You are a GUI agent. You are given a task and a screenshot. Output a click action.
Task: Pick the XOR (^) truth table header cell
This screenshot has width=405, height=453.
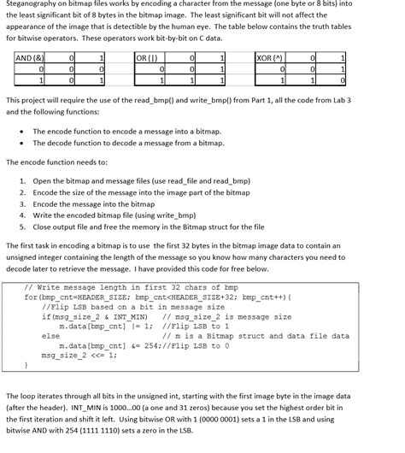coord(271,57)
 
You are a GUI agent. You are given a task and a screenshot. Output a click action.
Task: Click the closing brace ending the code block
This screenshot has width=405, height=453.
coord(26,365)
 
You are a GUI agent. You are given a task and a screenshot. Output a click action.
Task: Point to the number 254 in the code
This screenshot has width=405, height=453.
coord(150,346)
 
